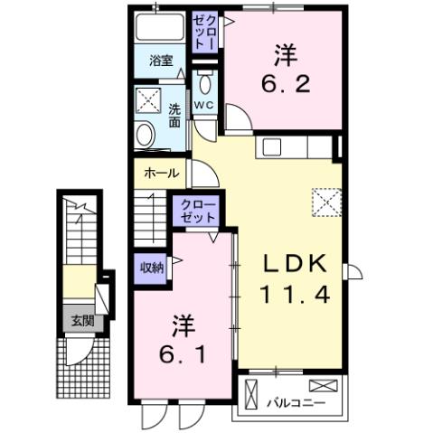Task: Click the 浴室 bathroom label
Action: (161, 61)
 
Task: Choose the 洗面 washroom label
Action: (174, 117)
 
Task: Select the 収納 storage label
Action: (151, 267)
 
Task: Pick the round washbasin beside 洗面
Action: (145, 136)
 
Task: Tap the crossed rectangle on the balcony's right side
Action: (328, 386)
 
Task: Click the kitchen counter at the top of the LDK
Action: (295, 147)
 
